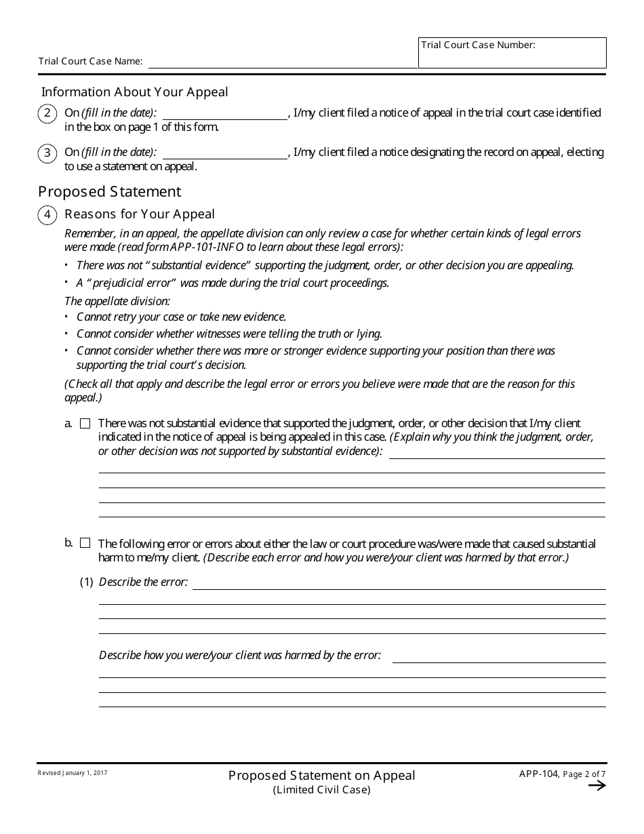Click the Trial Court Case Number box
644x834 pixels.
512,53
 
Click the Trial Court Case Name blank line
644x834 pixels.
283,62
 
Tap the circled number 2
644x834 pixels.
47,113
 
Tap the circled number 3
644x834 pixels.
47,153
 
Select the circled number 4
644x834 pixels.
47,215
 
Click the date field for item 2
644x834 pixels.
225,113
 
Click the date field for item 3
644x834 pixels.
225,153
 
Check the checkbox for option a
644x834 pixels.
85,424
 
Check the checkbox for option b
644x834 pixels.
85,543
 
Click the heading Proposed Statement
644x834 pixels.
110,191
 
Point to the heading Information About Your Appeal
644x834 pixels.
135,92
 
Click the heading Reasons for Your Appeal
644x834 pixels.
140,214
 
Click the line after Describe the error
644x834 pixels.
399,583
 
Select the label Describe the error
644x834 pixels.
143,582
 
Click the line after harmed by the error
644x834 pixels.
498,656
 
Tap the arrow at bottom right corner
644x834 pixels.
597,786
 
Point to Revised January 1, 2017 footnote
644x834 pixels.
73,773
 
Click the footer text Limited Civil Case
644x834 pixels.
322,790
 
